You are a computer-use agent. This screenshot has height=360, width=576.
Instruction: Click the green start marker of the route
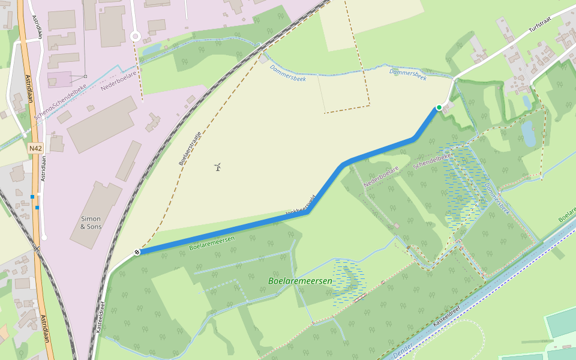439,107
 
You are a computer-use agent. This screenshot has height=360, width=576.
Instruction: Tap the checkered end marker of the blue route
137,252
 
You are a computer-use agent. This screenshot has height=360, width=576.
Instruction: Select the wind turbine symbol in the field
218,166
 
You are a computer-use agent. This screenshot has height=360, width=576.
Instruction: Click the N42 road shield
35,148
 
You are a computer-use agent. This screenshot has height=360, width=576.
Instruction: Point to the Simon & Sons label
91,223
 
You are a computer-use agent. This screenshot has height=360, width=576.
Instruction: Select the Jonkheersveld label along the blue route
300,206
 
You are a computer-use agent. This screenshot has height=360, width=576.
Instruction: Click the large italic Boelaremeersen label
300,281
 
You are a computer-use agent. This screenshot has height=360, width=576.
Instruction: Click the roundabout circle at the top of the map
135,37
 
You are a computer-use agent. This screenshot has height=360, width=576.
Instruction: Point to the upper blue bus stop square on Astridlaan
32,197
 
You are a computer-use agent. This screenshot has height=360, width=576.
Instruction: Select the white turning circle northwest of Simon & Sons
44,238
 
